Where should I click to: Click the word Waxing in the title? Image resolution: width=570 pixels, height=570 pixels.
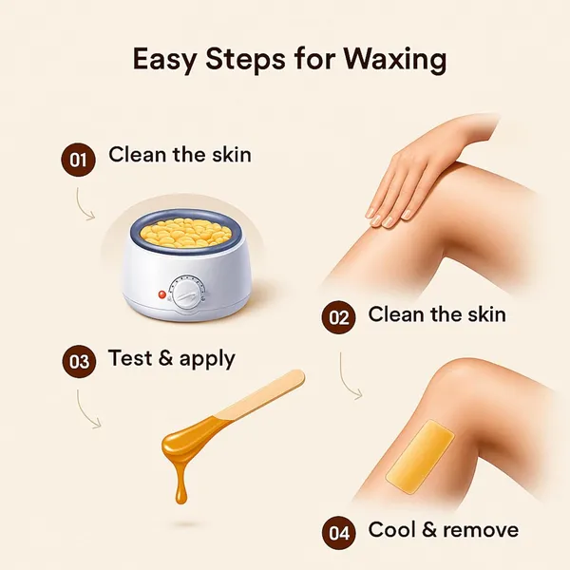[x=395, y=59]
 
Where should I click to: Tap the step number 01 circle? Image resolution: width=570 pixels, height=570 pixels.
[x=78, y=160]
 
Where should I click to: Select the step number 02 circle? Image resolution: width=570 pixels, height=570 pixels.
[x=339, y=317]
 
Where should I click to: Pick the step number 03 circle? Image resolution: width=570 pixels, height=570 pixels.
[x=79, y=361]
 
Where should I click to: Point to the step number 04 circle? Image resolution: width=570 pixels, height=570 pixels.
[x=339, y=533]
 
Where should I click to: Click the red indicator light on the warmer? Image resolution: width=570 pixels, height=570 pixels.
[x=162, y=294]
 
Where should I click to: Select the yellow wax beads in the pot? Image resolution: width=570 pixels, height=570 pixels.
[x=186, y=232]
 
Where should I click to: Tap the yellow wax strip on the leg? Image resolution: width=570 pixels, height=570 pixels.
[x=420, y=457]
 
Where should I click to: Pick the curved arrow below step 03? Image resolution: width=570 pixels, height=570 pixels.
[x=85, y=410]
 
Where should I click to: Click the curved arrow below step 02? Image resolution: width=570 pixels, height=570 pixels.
[x=347, y=378]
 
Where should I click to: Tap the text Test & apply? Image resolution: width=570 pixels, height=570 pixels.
[x=172, y=358]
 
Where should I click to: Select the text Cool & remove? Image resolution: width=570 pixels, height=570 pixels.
[x=444, y=529]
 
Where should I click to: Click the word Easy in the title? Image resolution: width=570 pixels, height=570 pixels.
[x=164, y=59]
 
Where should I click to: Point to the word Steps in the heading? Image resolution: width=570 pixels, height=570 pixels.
[x=245, y=59]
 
